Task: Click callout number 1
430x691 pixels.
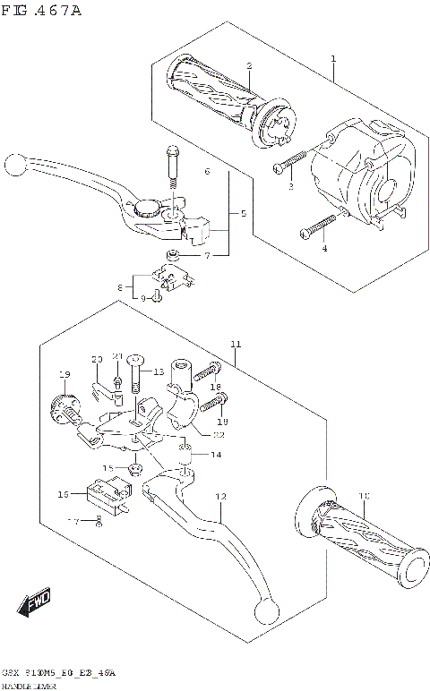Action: [333, 59]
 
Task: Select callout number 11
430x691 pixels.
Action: [236, 345]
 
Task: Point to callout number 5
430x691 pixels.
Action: [243, 215]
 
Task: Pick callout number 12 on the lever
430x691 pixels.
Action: [221, 497]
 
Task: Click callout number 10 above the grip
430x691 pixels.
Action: [363, 496]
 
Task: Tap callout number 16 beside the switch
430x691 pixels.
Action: [64, 494]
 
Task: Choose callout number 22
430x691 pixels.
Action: [218, 435]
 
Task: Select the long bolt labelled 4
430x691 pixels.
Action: [317, 229]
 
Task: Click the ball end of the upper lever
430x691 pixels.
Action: [13, 165]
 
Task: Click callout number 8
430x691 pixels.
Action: [119, 287]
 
